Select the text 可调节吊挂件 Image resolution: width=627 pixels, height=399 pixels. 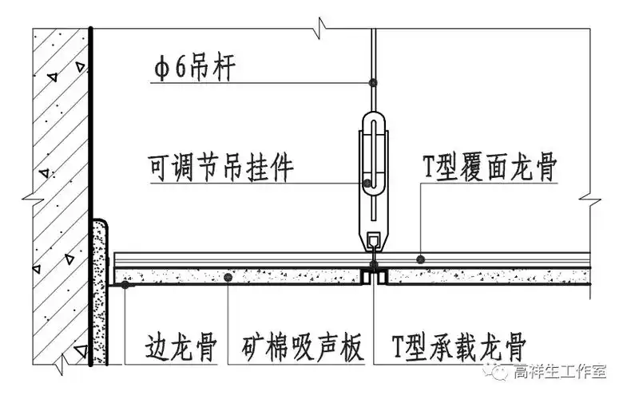point(221,168)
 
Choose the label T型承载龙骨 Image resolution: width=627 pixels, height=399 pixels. point(458,349)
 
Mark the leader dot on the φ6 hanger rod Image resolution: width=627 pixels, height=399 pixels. point(372,82)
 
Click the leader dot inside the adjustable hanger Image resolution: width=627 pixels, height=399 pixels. point(367,183)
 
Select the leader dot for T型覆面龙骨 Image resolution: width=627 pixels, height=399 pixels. point(421,259)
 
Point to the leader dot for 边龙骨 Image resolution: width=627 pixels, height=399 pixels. point(125,282)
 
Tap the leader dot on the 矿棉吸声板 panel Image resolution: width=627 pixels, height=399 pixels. point(228,277)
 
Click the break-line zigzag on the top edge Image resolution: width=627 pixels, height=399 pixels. point(319,30)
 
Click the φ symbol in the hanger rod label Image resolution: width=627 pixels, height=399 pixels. point(161,69)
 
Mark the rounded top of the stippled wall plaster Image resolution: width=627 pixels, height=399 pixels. point(100,224)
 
